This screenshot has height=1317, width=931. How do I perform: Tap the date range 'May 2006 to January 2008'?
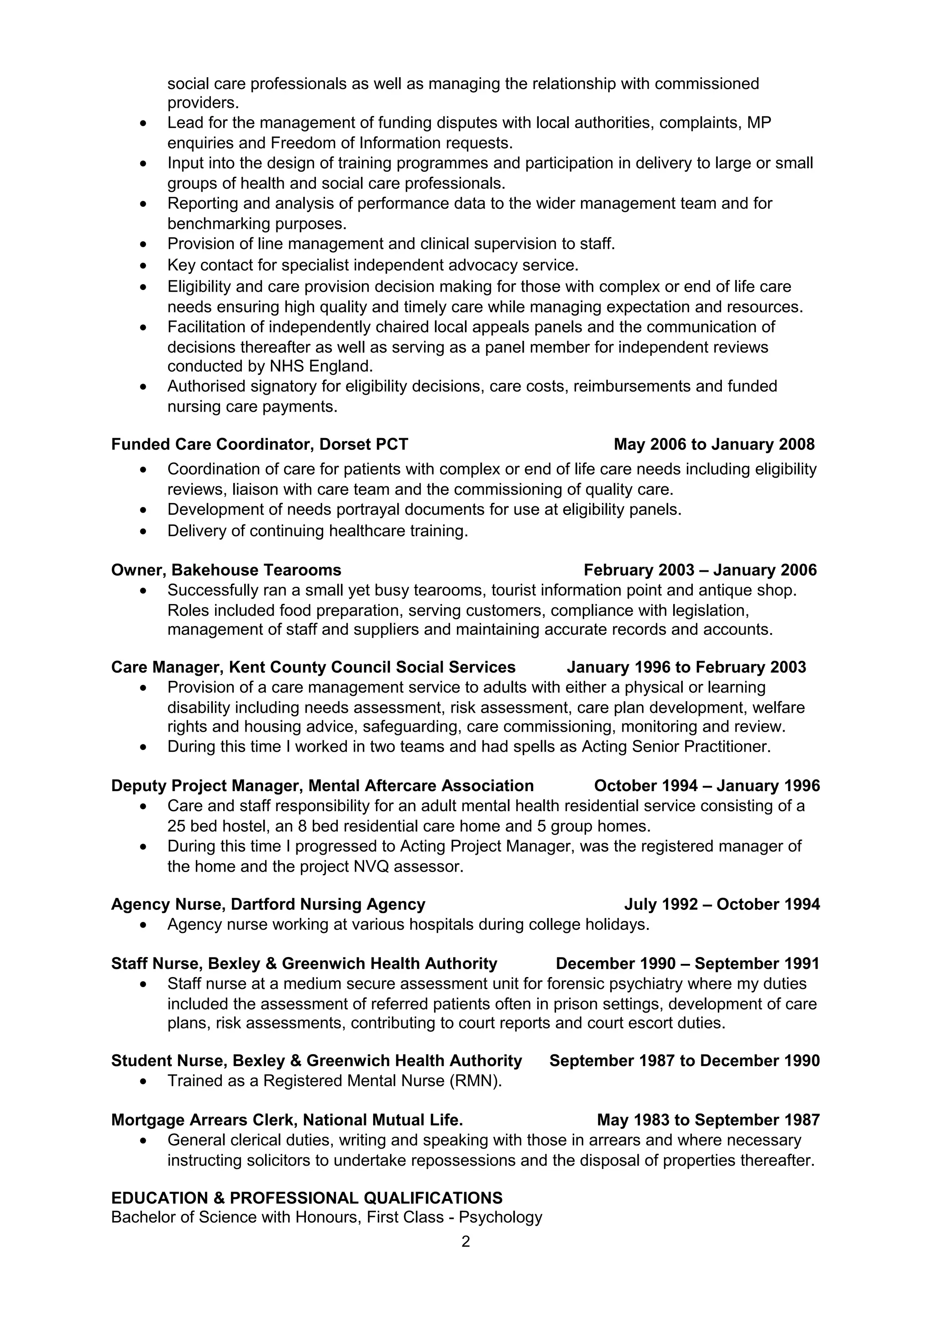click(x=714, y=444)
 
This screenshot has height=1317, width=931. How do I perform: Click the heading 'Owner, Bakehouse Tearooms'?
click(x=226, y=570)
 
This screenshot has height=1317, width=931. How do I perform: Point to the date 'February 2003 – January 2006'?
click(x=700, y=570)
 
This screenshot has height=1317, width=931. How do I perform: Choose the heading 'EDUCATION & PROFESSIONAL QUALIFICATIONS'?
click(x=306, y=1197)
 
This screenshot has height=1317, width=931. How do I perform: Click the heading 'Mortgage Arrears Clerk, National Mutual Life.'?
click(x=287, y=1120)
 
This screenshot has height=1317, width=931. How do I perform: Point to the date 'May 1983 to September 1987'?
click(x=708, y=1120)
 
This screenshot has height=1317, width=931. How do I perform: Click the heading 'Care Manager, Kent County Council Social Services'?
click(x=313, y=667)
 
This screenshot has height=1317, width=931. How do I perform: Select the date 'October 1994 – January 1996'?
click(x=707, y=786)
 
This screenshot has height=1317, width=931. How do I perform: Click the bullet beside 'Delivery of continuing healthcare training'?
click(x=143, y=532)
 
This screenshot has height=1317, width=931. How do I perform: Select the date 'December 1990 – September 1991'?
click(x=687, y=963)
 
